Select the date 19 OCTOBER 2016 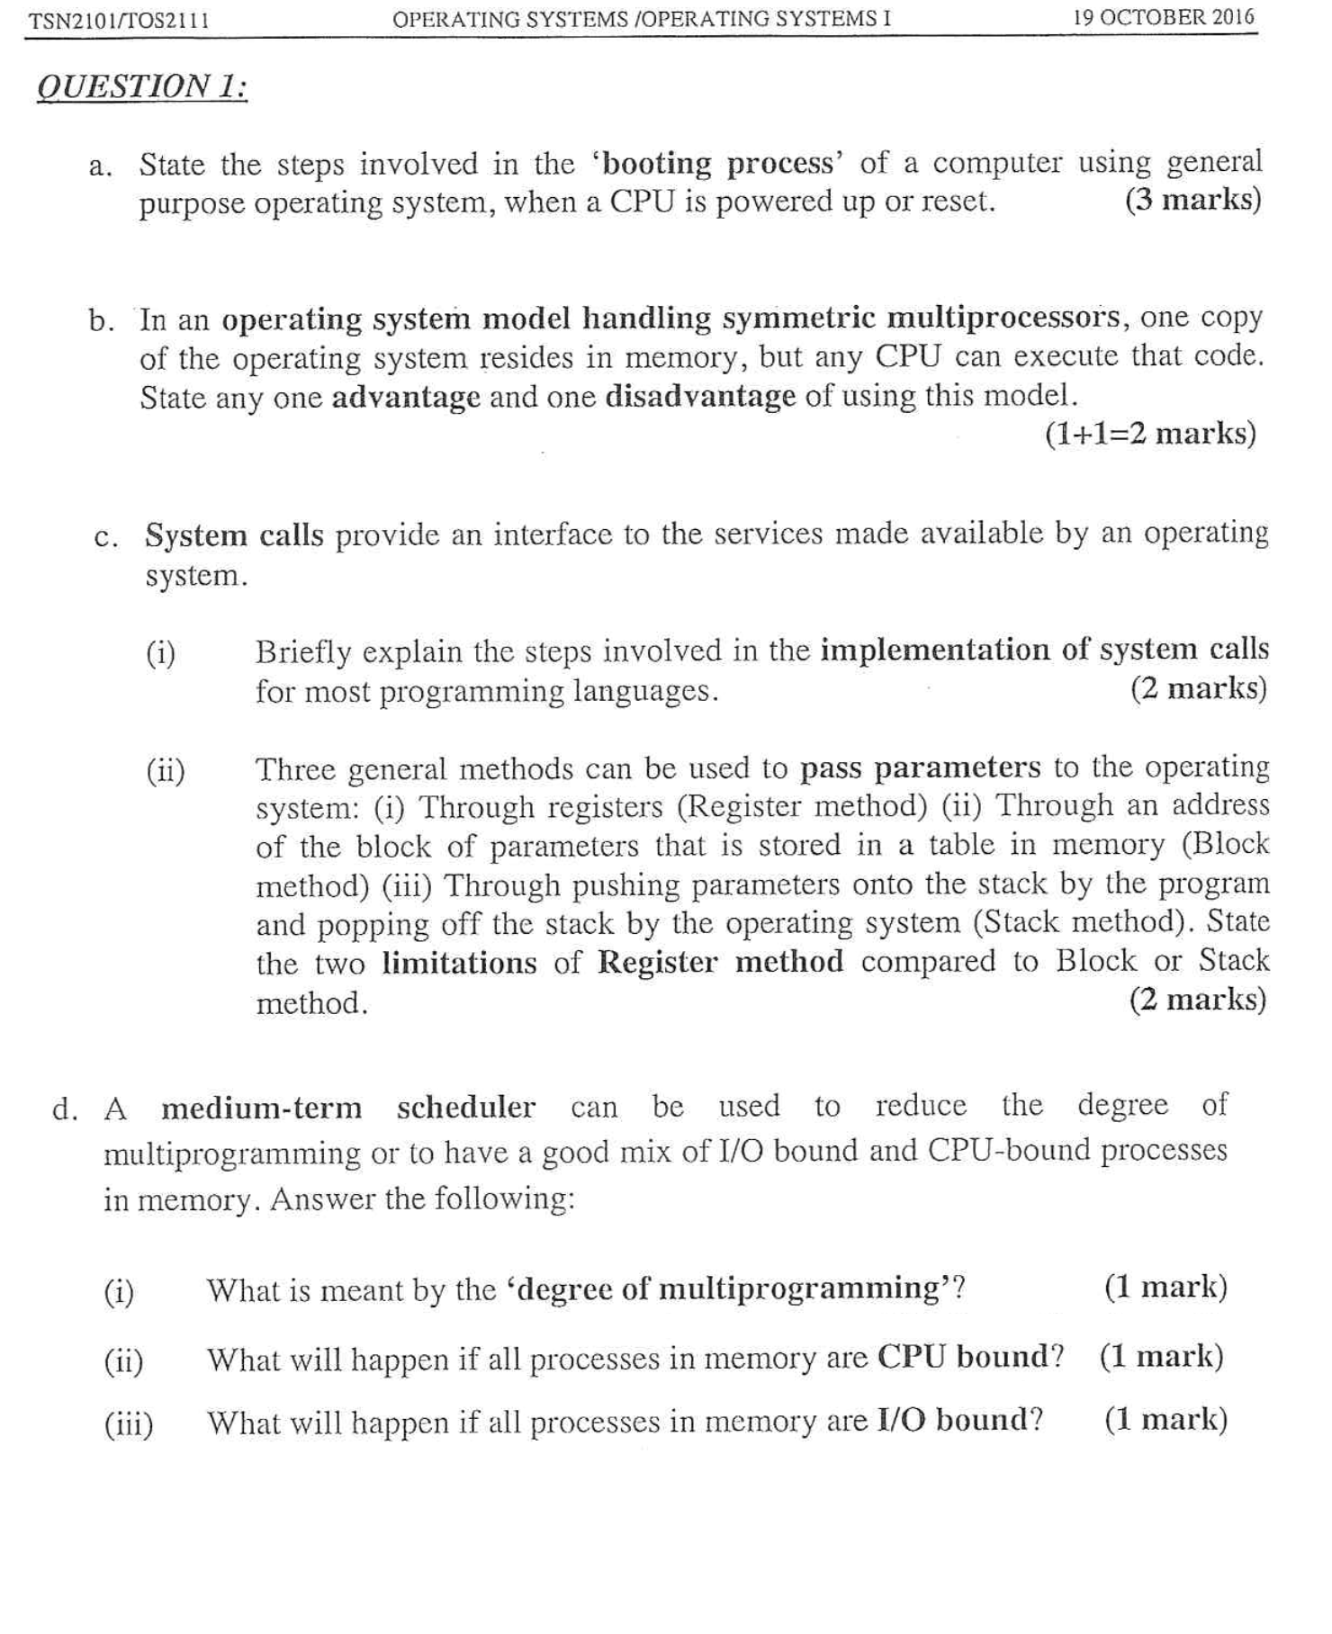tap(1163, 18)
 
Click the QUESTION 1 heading tap(142, 87)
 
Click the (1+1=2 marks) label tap(1150, 435)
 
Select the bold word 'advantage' tap(406, 397)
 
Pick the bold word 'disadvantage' tap(700, 396)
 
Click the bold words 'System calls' tap(234, 535)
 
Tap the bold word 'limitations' tap(459, 964)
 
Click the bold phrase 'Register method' tap(720, 963)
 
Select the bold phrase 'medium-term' tap(262, 1108)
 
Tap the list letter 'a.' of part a tap(101, 167)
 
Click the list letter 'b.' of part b tap(101, 322)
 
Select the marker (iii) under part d tap(129, 1424)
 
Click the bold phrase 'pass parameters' tap(920, 768)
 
